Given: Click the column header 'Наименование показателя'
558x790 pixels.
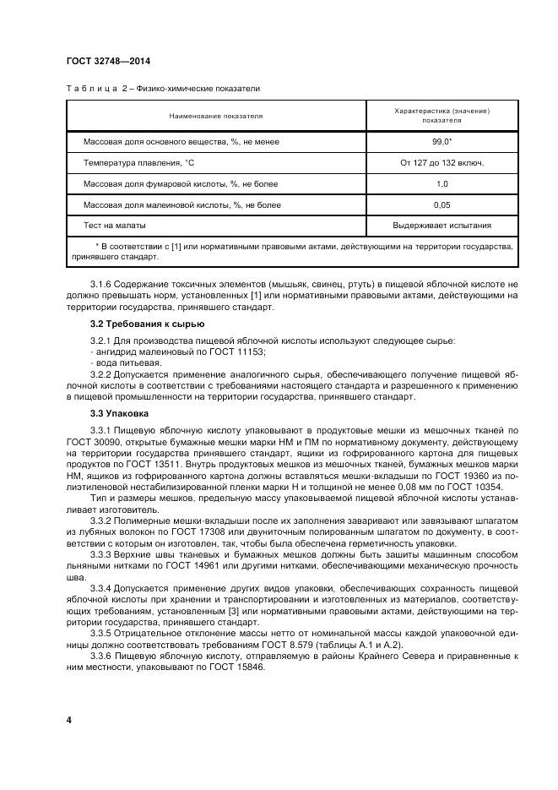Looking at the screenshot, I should click(x=216, y=115).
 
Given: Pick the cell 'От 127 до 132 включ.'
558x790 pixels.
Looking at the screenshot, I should click(x=442, y=162).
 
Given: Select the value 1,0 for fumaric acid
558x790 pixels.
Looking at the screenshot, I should click(x=442, y=183).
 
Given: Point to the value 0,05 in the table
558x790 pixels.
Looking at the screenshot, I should click(x=442, y=204).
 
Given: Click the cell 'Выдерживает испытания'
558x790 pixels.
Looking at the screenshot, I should click(x=442, y=226).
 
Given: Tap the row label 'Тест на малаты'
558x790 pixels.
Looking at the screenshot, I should click(x=115, y=226).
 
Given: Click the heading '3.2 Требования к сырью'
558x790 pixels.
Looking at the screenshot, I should click(x=136, y=324).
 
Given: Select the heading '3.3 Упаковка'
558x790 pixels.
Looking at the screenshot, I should click(x=119, y=413).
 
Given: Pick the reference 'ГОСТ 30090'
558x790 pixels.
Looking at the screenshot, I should click(x=91, y=442).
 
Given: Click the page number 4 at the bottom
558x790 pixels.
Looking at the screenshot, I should click(x=68, y=720).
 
